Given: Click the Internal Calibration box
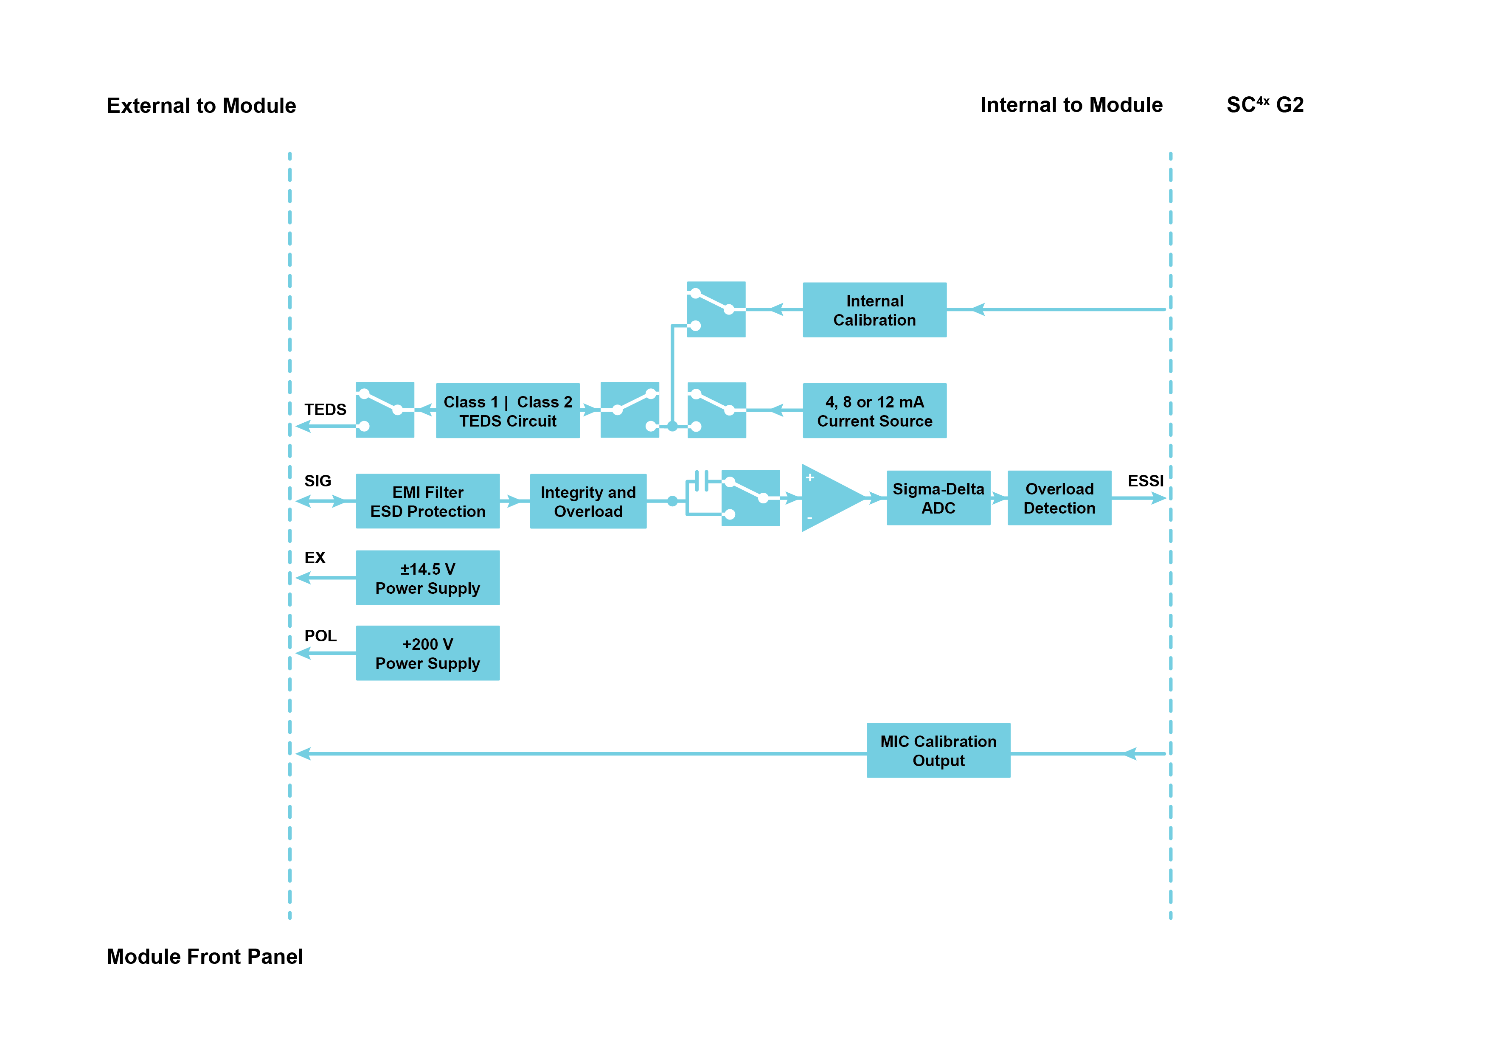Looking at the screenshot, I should click(x=874, y=310).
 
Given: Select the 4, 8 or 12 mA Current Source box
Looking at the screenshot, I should click(x=874, y=411).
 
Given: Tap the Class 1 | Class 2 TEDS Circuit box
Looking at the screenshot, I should click(x=508, y=411).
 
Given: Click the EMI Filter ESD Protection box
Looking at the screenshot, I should click(x=427, y=501).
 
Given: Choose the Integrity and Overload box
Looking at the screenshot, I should click(x=588, y=501).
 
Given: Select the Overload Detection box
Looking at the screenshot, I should click(x=1059, y=498).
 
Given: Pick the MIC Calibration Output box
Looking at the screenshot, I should click(x=938, y=750).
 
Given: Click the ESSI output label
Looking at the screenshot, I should click(x=1145, y=481).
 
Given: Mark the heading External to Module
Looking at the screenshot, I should click(x=201, y=106).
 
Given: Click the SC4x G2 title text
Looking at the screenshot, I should click(x=1264, y=105).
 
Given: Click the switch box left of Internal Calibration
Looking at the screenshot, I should click(x=716, y=309).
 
